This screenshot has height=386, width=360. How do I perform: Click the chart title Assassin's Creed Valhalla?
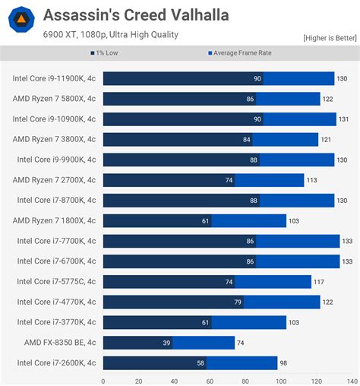coord(136,15)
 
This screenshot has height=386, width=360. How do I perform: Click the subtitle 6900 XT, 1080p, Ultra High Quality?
coord(111,34)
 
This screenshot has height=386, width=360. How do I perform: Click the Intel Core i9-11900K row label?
coord(55,78)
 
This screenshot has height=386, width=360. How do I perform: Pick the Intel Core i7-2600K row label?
coord(56,362)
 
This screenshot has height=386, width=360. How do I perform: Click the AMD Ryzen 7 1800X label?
coord(55,220)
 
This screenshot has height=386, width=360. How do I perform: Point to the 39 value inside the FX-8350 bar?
coord(165,343)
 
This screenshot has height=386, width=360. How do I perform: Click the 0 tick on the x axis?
coord(103,381)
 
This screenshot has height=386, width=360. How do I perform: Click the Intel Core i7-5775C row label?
coord(56,281)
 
